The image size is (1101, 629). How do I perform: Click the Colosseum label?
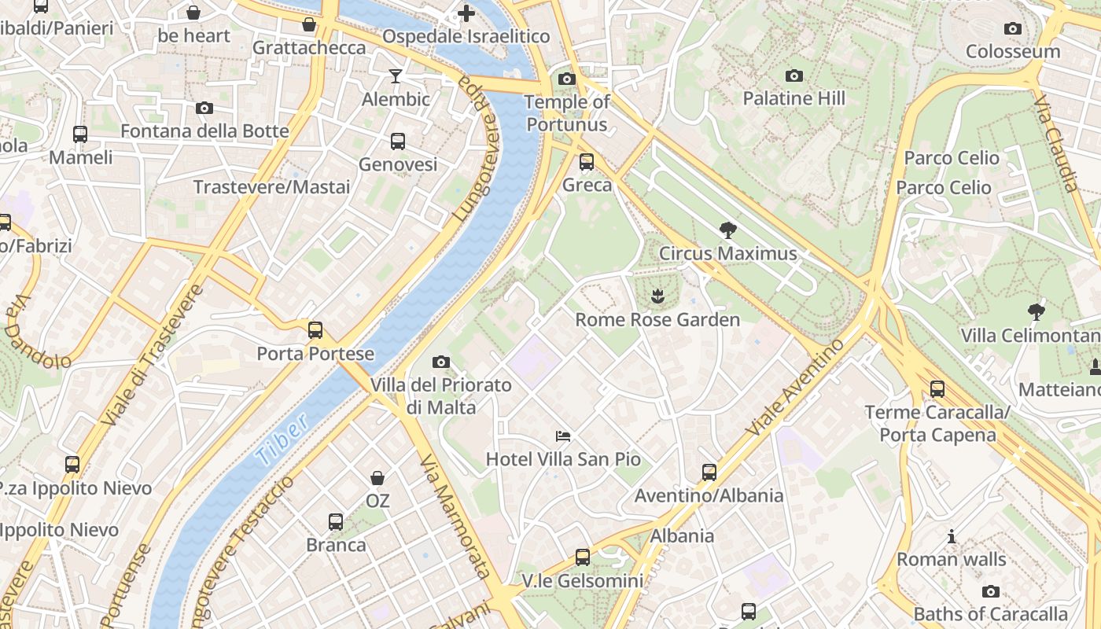[x=1013, y=52]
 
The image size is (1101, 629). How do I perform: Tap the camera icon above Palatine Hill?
[x=794, y=76]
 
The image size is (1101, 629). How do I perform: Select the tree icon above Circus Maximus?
[x=728, y=230]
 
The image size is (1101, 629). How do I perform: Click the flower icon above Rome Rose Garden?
[x=657, y=296]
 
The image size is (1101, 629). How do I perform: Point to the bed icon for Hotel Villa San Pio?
[x=563, y=436]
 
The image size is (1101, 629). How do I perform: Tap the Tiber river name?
[x=282, y=442]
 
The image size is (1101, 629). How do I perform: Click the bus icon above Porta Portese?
[x=315, y=330]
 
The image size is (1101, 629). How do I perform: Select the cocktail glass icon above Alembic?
[x=396, y=76]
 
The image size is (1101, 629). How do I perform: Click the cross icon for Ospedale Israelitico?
[x=466, y=13]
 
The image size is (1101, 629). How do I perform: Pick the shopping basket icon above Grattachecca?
[x=309, y=25]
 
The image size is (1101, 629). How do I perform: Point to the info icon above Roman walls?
[x=952, y=537]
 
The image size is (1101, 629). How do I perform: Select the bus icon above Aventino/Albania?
[x=709, y=473]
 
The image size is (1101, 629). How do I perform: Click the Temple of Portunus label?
[x=567, y=113]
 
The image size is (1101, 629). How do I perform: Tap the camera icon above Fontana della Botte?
[x=204, y=108]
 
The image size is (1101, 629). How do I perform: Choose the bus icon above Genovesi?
[x=398, y=142]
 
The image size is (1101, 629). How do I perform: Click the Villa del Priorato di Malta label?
[x=441, y=396]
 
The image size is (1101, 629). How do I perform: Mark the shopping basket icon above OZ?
[x=377, y=478]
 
